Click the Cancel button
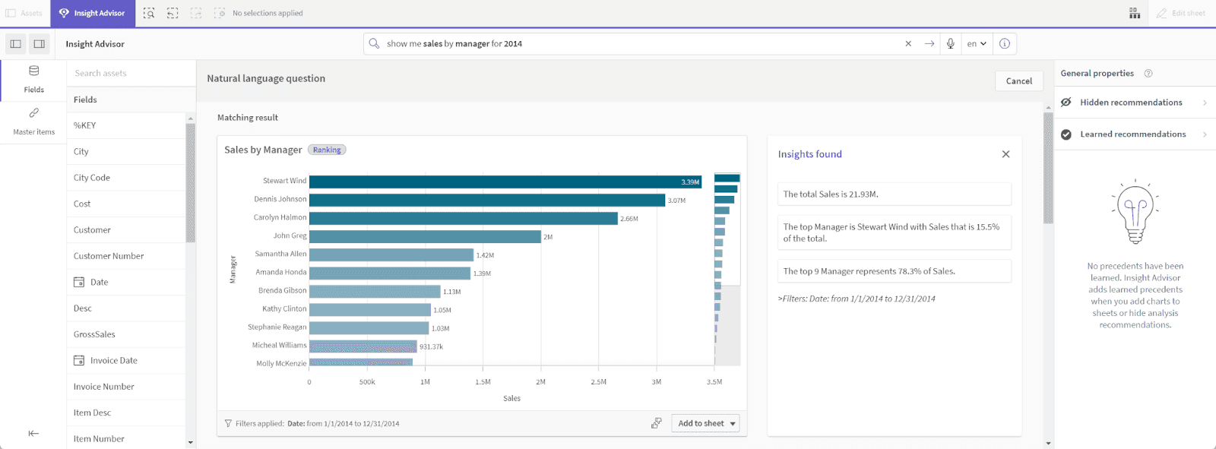(1018, 81)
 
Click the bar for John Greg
(425, 236)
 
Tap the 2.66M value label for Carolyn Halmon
(629, 219)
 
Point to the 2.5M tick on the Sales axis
(598, 382)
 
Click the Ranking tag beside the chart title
(327, 150)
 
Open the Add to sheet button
(705, 423)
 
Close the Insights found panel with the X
(1005, 154)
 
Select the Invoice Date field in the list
(113, 360)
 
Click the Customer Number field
(109, 256)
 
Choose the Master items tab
(33, 121)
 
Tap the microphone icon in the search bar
(950, 43)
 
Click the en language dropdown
(977, 43)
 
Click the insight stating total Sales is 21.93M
(894, 194)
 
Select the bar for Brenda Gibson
(375, 292)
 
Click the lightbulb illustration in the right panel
(1135, 212)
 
